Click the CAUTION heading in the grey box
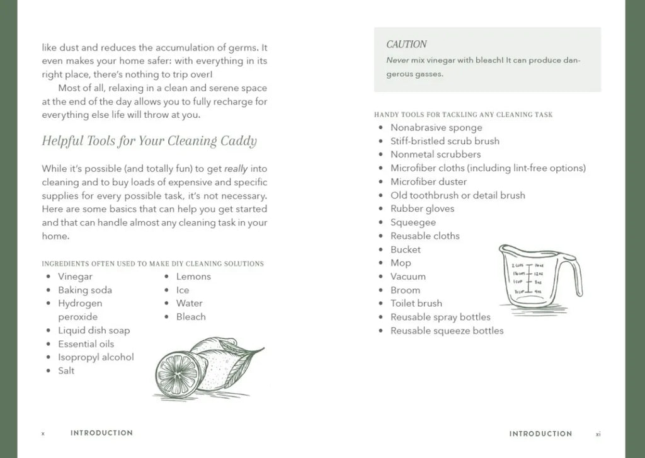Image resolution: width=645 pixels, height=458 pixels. pos(406,44)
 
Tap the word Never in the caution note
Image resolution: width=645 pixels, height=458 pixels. pos(397,60)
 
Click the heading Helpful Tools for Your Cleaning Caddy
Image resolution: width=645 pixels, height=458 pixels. pos(149,140)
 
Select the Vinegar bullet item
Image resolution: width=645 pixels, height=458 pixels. pos(75,277)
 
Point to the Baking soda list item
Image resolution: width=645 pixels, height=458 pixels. pos(85,290)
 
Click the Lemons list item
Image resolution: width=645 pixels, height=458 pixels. pos(193,277)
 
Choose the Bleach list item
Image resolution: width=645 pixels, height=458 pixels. pos(191,317)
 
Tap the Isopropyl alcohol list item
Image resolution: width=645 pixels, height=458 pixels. pos(96,357)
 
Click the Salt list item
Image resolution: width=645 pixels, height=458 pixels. pos(66,370)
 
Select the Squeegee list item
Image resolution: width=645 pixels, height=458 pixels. pos(413,222)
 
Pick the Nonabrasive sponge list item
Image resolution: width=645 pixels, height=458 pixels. pos(436,128)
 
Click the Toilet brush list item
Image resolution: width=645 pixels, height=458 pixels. pos(416,303)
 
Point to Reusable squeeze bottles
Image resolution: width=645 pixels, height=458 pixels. pos(447,331)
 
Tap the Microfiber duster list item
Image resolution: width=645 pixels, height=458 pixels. pos(428,181)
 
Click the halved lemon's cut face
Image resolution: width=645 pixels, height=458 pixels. pos(173,373)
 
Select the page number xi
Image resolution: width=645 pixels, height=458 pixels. pos(598,433)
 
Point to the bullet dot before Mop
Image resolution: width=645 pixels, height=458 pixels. pos(381,263)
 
